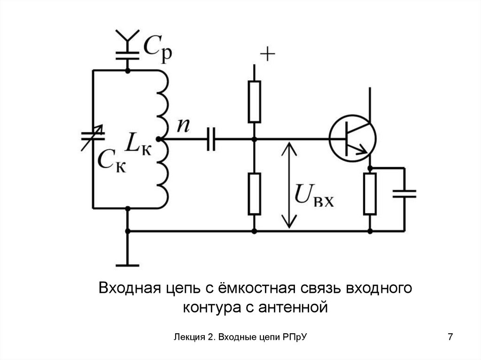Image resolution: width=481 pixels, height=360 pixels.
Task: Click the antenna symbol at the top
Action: pyautogui.click(x=127, y=37)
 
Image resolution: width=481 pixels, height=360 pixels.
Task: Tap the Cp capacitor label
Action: pyautogui.click(x=157, y=48)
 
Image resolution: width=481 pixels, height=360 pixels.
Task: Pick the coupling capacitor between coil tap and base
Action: pyautogui.click(x=211, y=139)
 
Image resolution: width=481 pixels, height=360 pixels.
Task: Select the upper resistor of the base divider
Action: pyautogui.click(x=254, y=101)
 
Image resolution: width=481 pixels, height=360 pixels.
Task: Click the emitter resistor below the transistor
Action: pyautogui.click(x=370, y=193)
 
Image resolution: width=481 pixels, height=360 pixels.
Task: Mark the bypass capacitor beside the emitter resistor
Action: pyautogui.click(x=404, y=193)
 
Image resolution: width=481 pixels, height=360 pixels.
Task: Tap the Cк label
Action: pyautogui.click(x=112, y=162)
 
